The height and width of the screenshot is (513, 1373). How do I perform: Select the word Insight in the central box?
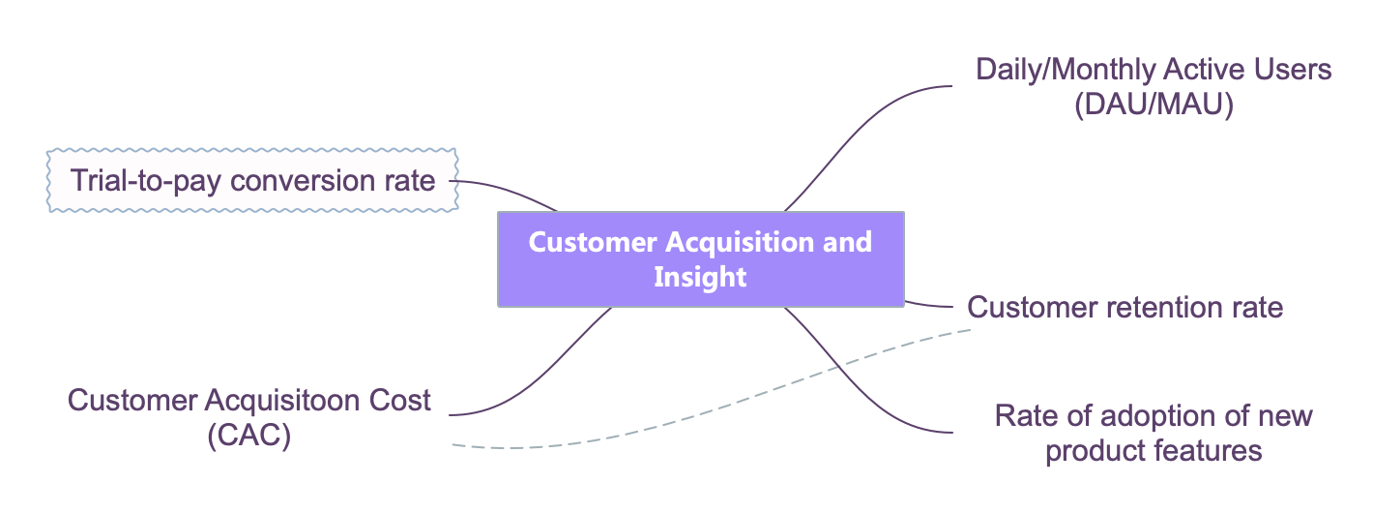click(700, 277)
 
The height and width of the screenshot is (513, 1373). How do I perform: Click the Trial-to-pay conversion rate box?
click(252, 180)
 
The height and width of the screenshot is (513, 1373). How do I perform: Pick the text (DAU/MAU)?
click(1154, 105)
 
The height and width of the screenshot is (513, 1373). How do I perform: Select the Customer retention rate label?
click(1125, 307)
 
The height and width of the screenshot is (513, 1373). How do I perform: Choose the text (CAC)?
click(248, 435)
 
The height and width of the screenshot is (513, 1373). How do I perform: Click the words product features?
click(1154, 450)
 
